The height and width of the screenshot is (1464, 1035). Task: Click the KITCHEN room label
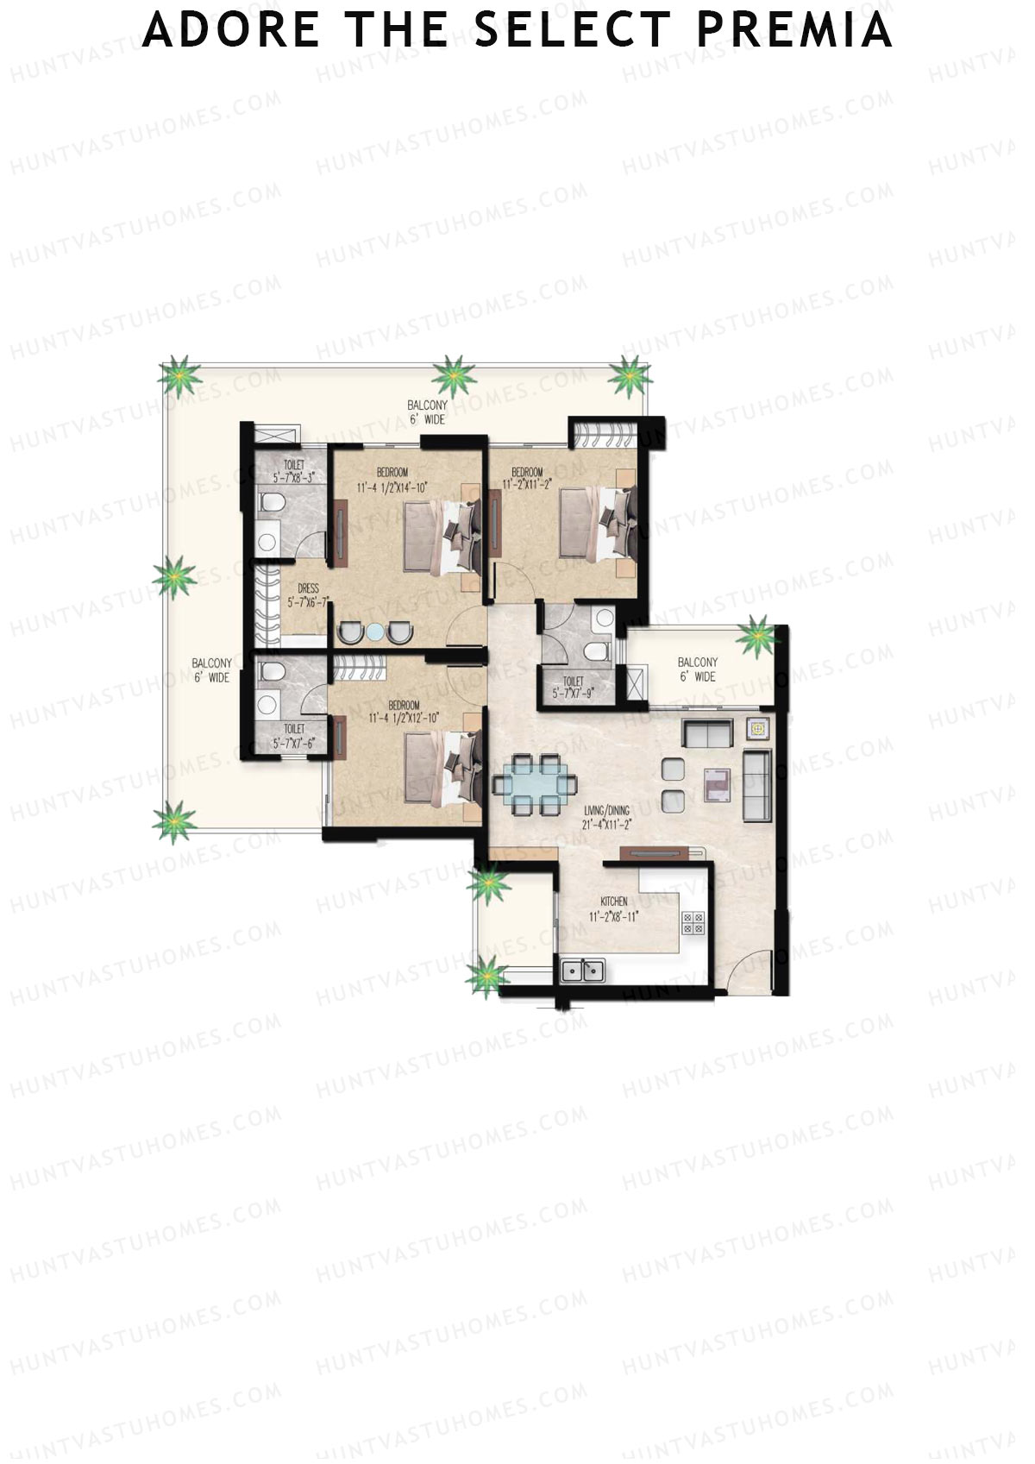614,902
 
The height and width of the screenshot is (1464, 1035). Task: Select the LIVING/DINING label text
606,811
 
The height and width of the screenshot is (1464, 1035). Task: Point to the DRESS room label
308,589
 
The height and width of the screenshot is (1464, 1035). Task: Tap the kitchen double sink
584,970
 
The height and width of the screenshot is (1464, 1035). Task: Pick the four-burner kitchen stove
693,924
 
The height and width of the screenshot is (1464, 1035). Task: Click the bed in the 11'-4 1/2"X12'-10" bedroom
440,766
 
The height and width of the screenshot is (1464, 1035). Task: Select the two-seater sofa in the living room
707,733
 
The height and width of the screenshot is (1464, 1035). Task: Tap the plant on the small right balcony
759,636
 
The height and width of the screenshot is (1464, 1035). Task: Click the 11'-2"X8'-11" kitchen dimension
614,916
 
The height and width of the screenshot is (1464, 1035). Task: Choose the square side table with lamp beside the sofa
757,729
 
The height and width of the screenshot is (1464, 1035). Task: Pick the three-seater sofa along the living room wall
756,784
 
